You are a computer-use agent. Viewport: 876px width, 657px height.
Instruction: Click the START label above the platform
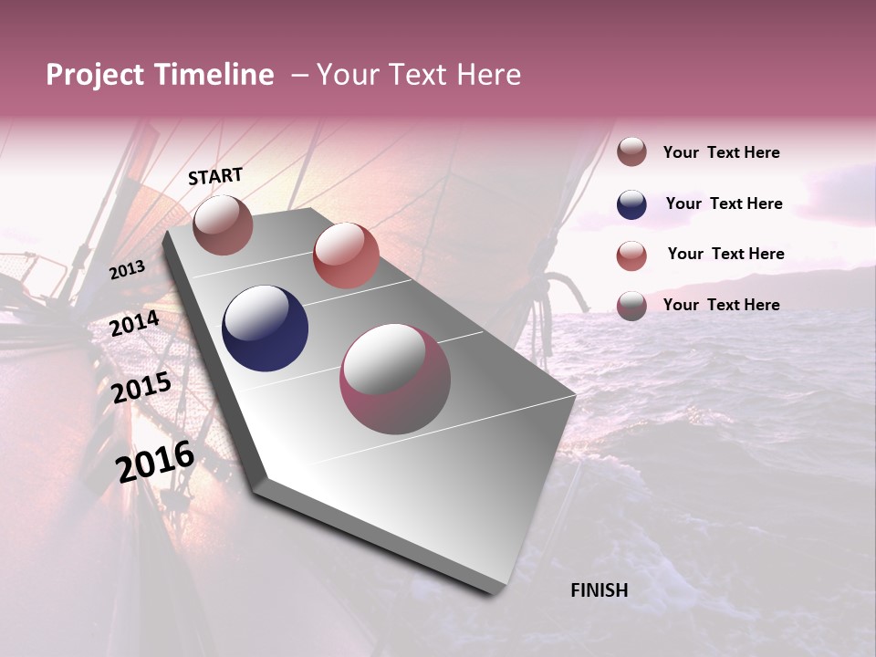tap(215, 176)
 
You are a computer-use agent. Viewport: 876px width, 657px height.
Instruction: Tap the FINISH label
tap(599, 590)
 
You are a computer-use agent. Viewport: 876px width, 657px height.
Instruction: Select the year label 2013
tap(127, 269)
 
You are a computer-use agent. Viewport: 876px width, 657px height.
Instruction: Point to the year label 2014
tap(135, 324)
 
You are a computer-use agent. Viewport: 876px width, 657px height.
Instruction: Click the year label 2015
tap(141, 388)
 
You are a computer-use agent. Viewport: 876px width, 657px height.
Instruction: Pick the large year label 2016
tap(155, 462)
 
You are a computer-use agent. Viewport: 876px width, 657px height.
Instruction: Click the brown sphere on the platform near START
tap(223, 224)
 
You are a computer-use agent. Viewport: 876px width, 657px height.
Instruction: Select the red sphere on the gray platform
tap(346, 255)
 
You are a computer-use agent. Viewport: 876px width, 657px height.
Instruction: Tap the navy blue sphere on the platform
tap(265, 328)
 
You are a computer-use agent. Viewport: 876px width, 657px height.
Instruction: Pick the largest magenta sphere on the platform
tap(395, 379)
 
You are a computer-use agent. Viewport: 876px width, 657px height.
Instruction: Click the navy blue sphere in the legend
tap(631, 204)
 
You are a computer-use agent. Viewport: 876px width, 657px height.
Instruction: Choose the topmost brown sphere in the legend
tap(631, 152)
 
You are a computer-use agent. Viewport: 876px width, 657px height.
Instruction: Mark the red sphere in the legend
tap(631, 255)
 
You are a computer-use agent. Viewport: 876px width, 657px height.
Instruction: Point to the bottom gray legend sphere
tap(631, 306)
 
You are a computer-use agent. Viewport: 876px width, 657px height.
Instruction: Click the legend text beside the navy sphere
tap(725, 203)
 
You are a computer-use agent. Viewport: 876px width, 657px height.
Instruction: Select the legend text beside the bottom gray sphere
tap(722, 305)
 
